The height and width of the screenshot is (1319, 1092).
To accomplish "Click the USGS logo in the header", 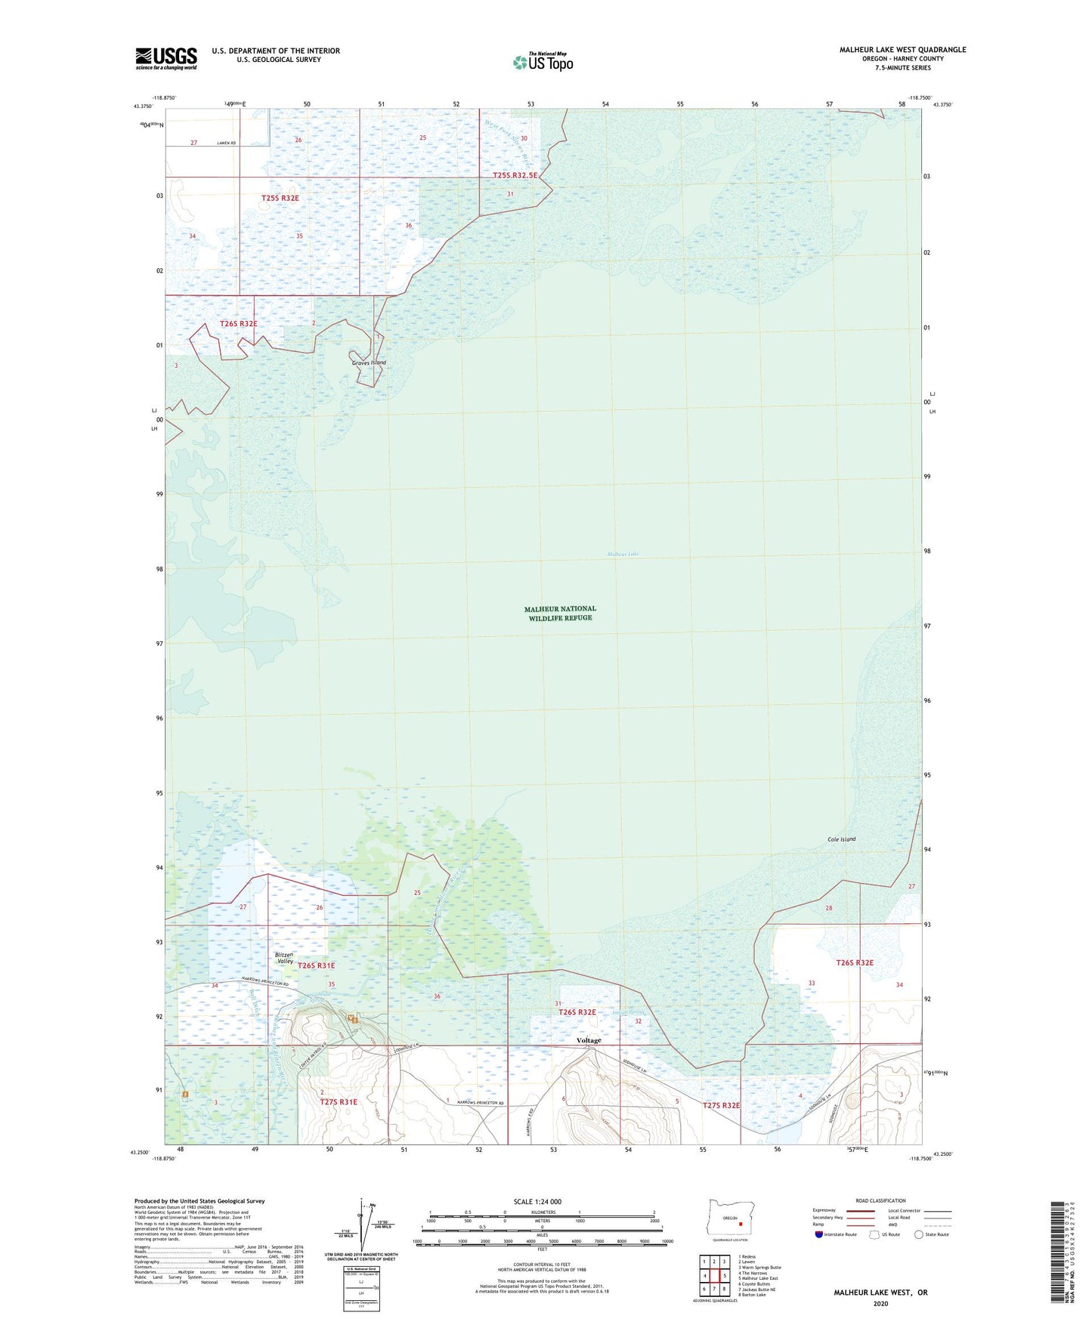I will pyautogui.click(x=166, y=58).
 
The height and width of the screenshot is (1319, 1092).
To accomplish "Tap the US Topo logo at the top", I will pyautogui.click(x=543, y=61).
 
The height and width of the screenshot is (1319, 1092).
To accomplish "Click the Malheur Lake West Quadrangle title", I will pyautogui.click(x=902, y=50).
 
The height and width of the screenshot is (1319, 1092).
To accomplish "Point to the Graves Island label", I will pyautogui.click(x=369, y=363).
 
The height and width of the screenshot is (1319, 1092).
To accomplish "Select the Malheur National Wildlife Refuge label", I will pyautogui.click(x=560, y=613).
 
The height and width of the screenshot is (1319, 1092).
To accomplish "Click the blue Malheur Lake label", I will pyautogui.click(x=623, y=554).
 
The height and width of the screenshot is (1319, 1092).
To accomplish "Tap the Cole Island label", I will pyautogui.click(x=841, y=839).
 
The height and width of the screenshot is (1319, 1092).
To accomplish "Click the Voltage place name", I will pyautogui.click(x=589, y=1040).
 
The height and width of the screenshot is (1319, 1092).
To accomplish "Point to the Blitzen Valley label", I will pyautogui.click(x=285, y=958).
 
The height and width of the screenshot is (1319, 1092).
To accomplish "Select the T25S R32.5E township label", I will pyautogui.click(x=515, y=175).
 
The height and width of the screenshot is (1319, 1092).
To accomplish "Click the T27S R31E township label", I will pyautogui.click(x=339, y=1102).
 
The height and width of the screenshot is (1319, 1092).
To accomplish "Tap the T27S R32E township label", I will pyautogui.click(x=722, y=1105).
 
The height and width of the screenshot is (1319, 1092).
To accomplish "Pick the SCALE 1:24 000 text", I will pyautogui.click(x=537, y=1201).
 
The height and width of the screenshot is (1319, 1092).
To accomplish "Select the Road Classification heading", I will pyautogui.click(x=880, y=1200).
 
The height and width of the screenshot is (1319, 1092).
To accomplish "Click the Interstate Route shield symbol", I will pyautogui.click(x=818, y=1234).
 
